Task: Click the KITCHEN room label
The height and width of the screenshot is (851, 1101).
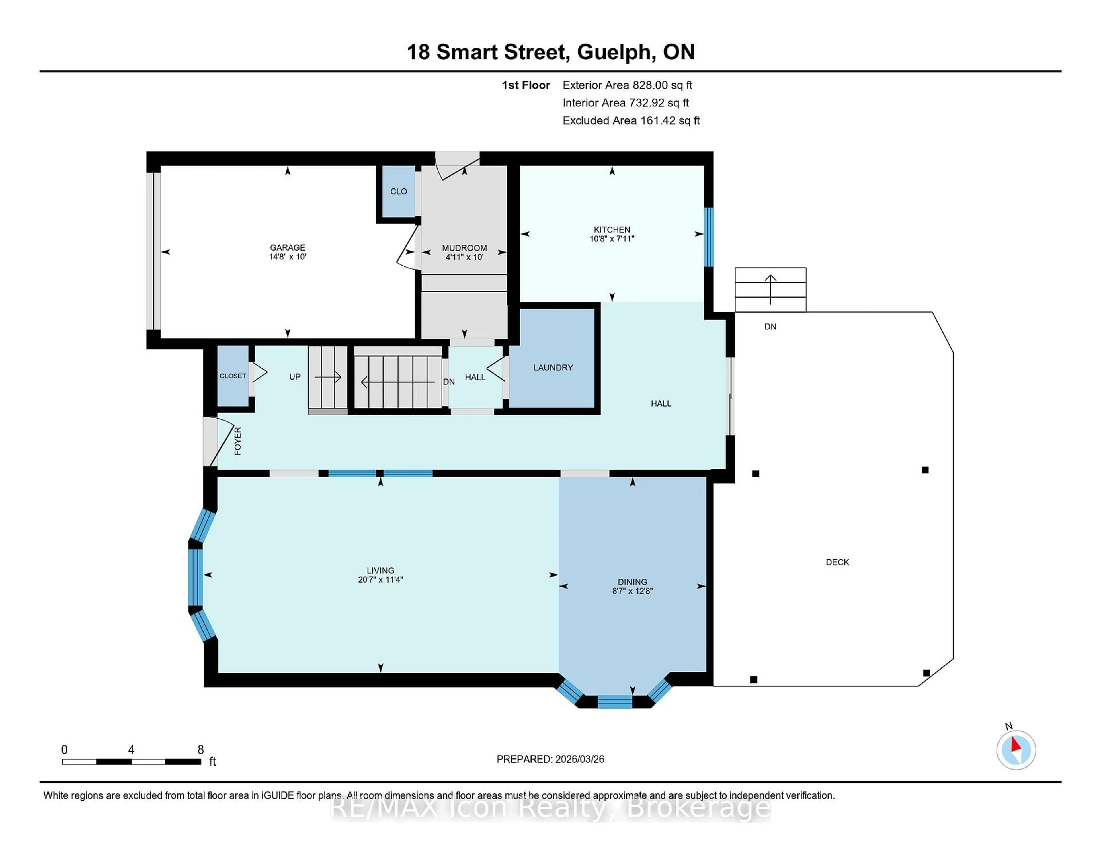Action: coord(612,229)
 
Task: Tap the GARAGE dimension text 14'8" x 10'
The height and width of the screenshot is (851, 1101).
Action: coord(287,257)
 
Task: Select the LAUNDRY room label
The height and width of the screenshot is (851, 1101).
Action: coord(553,368)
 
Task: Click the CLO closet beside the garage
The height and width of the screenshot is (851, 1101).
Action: coord(398,192)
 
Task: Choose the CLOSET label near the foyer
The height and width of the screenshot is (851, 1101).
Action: coord(233,376)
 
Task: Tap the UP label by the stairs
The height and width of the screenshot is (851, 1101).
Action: coord(295,376)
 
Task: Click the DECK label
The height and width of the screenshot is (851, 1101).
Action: coord(837,562)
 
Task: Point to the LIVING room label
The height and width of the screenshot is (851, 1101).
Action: coord(380,570)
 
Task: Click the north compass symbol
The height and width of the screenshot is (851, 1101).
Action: coord(1016,750)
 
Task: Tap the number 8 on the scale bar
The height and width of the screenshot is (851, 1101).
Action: coord(201,750)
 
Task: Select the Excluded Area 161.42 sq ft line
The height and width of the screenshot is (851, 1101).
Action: coord(631,120)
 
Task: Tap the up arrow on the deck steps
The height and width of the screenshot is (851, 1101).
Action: coord(770,289)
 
